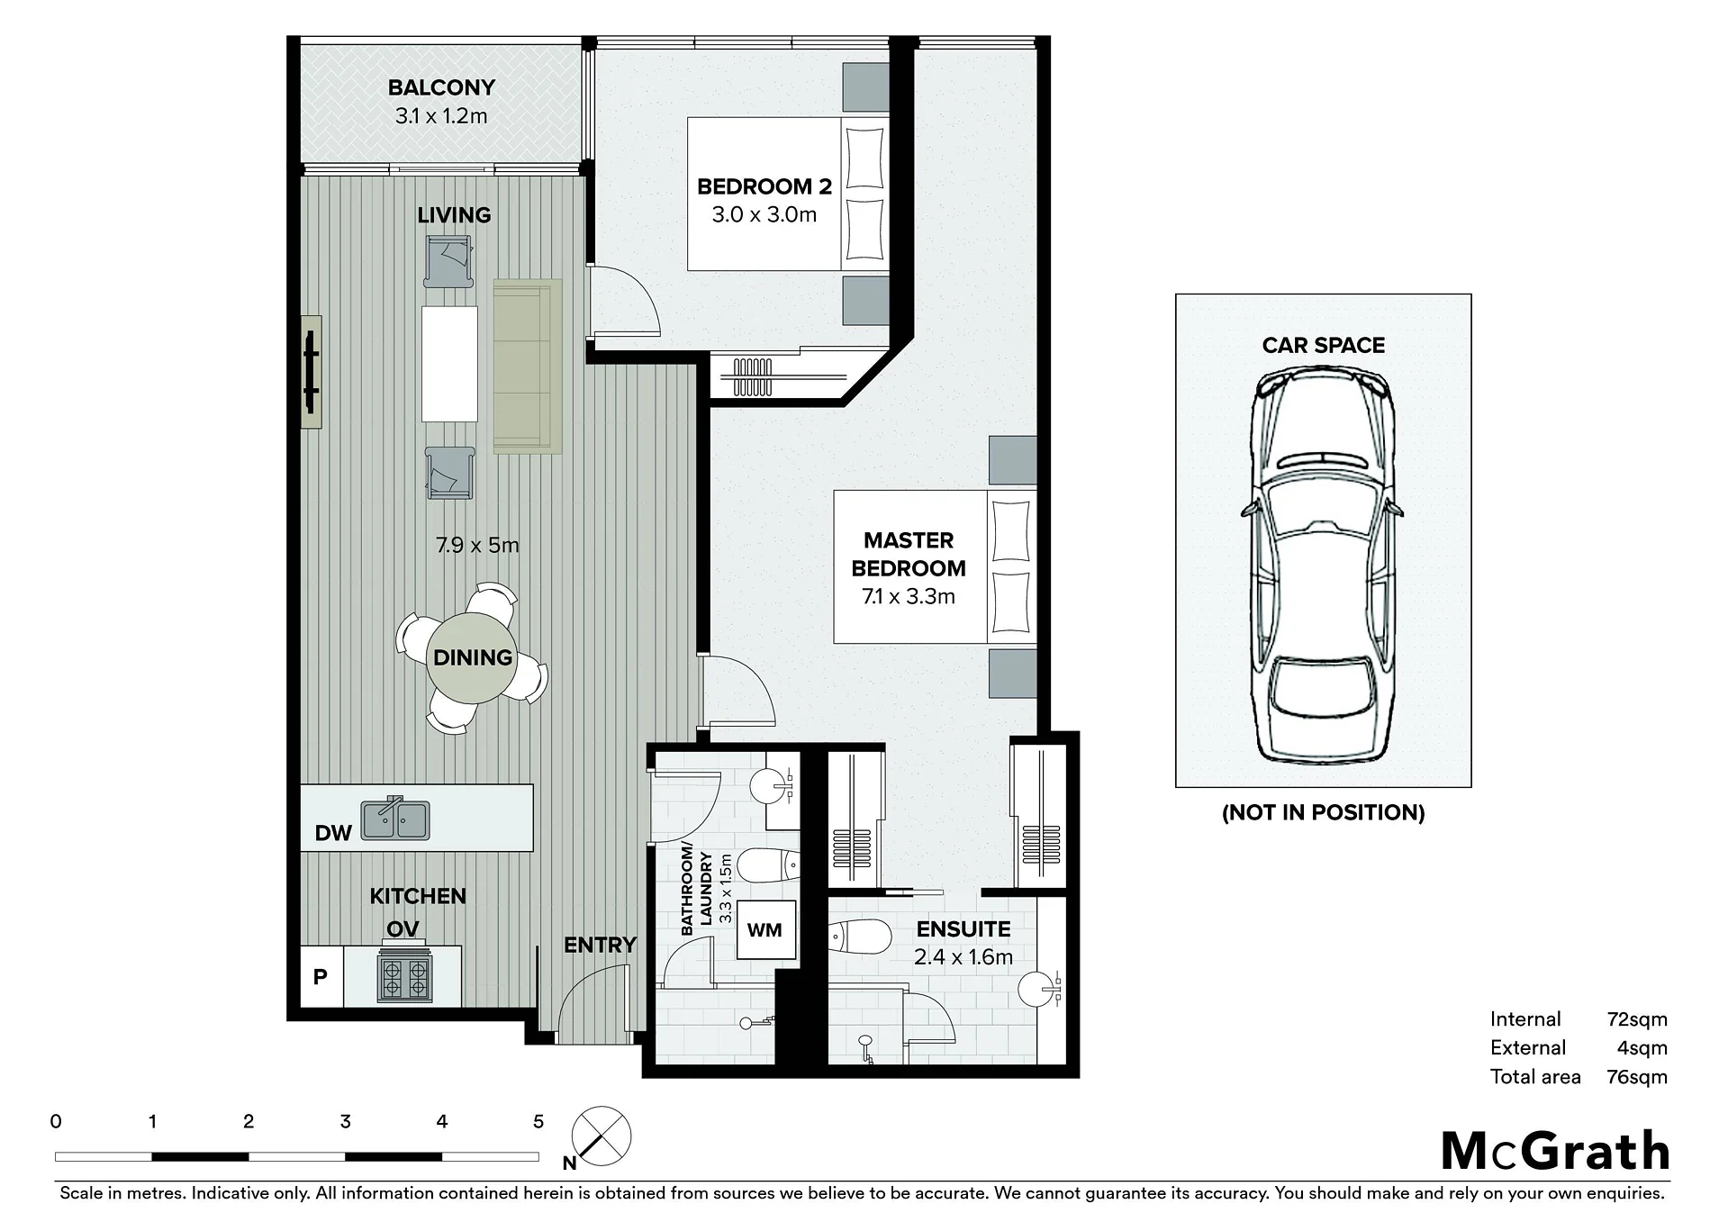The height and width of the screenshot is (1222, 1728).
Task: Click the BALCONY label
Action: tap(441, 87)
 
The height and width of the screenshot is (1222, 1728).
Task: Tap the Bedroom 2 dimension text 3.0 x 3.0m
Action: tap(764, 215)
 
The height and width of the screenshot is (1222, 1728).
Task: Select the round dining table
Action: tap(473, 657)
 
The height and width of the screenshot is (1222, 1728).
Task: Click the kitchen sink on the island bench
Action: tap(395, 819)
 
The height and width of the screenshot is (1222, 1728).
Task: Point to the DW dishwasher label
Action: tap(333, 833)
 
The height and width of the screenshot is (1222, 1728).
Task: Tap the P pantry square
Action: tap(321, 976)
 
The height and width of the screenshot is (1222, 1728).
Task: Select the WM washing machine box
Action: tap(764, 930)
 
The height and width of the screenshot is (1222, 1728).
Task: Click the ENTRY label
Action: tap(600, 945)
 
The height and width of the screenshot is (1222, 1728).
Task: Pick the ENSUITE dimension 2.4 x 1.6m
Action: tap(964, 957)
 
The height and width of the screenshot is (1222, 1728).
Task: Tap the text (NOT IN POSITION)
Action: tap(1323, 812)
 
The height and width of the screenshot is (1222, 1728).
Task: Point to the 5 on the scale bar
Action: tap(538, 1121)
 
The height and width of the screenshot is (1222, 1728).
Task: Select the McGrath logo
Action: tap(1555, 1151)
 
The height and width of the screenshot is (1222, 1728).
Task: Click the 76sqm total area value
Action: tap(1637, 1077)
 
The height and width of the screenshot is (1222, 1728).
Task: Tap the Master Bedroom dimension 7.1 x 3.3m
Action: tap(909, 596)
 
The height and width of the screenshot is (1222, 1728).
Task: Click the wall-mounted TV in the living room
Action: tap(312, 371)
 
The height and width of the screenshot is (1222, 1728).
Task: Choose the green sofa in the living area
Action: tap(528, 366)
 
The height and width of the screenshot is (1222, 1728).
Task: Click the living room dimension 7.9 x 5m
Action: tap(477, 545)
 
